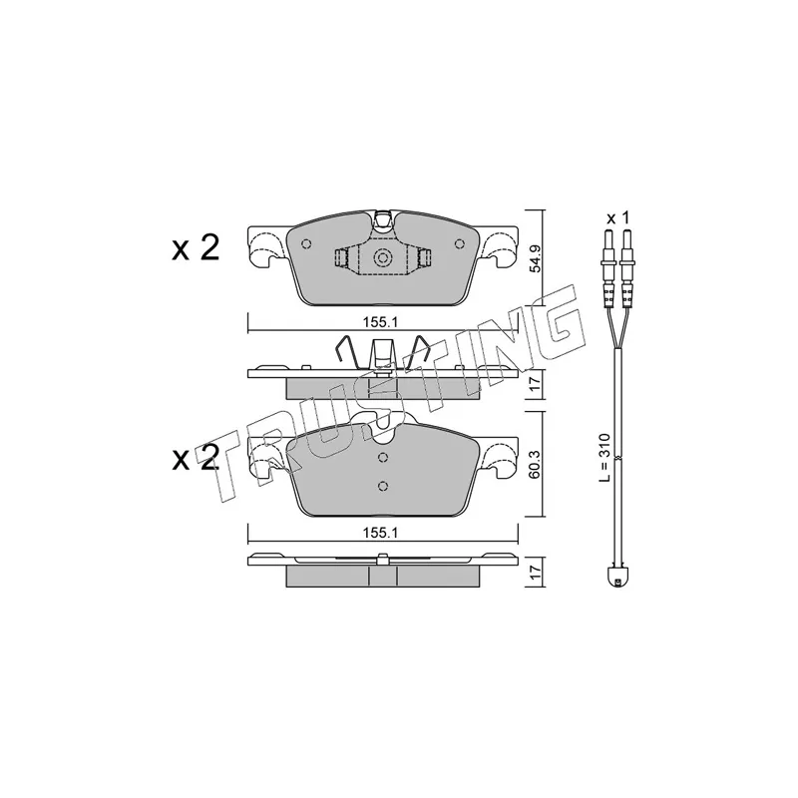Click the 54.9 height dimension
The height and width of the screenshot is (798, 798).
coord(535,258)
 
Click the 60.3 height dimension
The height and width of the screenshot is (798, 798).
coord(535,465)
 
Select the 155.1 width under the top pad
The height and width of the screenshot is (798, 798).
coord(380,322)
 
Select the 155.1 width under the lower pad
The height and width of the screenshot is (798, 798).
coord(380,533)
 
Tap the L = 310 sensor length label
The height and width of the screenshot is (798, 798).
coord(604,458)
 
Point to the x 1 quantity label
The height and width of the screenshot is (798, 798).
coord(617,218)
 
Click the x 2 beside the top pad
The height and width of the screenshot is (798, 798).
coord(196,248)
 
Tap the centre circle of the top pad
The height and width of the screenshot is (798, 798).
coord(382,258)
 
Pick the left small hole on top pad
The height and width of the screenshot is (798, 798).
coord(306,244)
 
